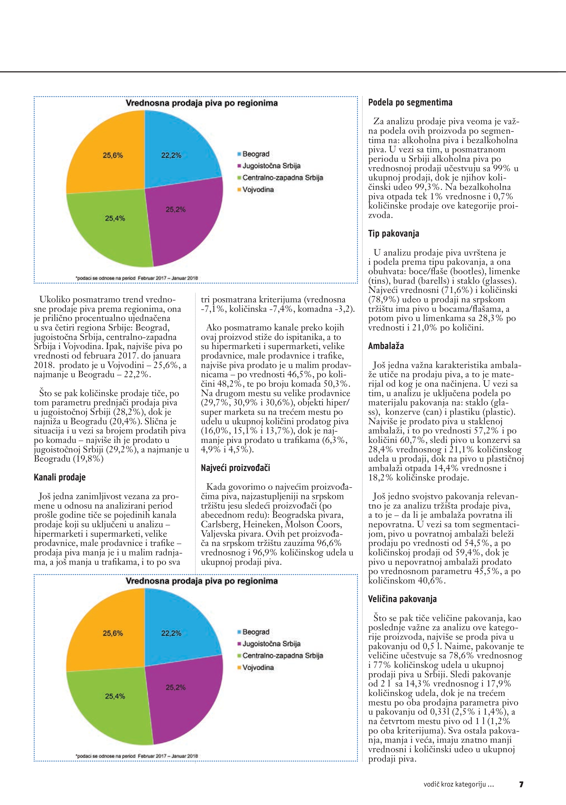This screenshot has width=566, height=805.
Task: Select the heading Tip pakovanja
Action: click(x=393, y=233)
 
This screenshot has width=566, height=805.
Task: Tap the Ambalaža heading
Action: click(x=386, y=346)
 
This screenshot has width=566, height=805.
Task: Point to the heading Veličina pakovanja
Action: click(x=402, y=599)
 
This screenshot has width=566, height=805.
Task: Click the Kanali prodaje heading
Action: click(x=60, y=477)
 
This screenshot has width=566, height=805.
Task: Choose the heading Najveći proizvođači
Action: click(x=235, y=468)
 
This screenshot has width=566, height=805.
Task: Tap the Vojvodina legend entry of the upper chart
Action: click(x=258, y=190)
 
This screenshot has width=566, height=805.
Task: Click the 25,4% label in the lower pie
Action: click(x=115, y=696)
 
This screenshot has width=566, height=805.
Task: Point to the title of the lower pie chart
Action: click(x=202, y=581)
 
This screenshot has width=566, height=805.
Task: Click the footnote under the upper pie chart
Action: click(x=137, y=278)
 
